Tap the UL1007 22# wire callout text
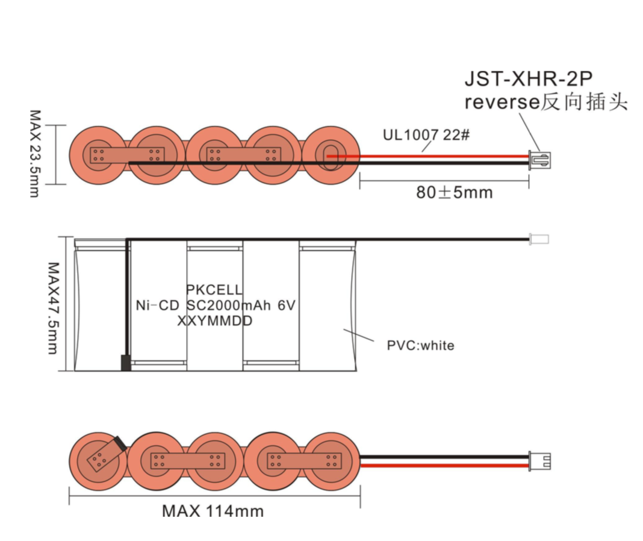(426, 135)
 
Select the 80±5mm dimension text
(454, 192)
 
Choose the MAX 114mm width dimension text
(213, 511)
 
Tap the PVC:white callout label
(420, 345)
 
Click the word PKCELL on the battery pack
(215, 290)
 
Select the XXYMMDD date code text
(215, 322)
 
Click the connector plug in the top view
(541, 160)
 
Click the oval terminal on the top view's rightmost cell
(330, 154)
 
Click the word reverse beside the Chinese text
(501, 102)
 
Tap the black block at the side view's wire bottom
(126, 363)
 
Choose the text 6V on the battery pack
(286, 305)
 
